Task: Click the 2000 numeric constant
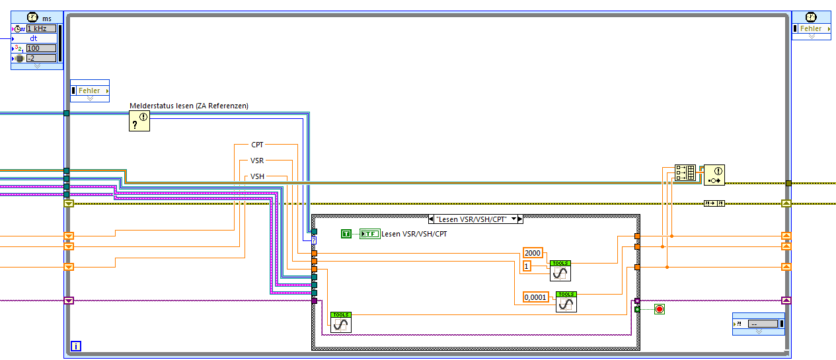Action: [x=532, y=253]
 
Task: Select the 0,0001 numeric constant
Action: [x=535, y=297]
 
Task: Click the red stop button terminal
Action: [x=659, y=308]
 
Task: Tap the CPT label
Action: [x=257, y=144]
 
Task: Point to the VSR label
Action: [x=257, y=161]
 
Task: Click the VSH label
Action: [x=257, y=177]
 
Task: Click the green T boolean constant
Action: [x=346, y=233]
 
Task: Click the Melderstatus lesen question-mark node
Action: [x=139, y=121]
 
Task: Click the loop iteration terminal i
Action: [x=76, y=346]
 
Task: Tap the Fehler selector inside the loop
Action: [x=90, y=90]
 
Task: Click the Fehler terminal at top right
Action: [x=811, y=28]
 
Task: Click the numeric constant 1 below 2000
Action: [x=527, y=266]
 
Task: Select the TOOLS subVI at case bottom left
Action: [x=341, y=322]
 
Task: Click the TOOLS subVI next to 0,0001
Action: [x=566, y=301]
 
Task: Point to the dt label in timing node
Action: [x=34, y=38]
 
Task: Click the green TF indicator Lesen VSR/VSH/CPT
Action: [x=369, y=233]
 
